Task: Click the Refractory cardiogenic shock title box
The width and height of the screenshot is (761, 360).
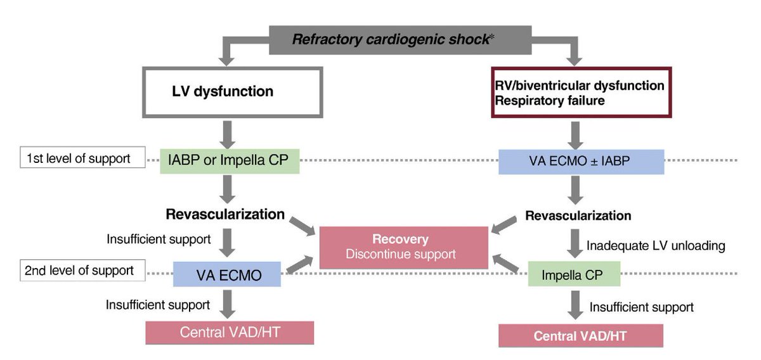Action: pos(400,39)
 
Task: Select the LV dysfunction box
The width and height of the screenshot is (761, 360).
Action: pos(233,91)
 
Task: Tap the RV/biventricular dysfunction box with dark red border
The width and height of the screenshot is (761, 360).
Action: pos(581,92)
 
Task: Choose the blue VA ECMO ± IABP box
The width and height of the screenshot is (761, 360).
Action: pos(581,162)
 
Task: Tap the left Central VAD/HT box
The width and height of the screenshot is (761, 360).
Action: pos(230,332)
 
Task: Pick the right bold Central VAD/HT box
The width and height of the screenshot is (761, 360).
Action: pos(580,335)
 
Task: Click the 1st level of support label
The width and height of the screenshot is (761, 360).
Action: pos(78,158)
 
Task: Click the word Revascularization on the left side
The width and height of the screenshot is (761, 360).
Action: pos(225,214)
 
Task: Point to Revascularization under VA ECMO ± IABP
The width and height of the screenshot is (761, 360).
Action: pos(578,215)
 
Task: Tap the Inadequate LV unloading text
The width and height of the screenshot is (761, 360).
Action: pos(656,245)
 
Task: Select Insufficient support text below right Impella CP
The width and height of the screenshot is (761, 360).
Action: pos(641,307)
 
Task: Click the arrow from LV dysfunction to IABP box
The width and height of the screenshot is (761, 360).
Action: pos(228,132)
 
